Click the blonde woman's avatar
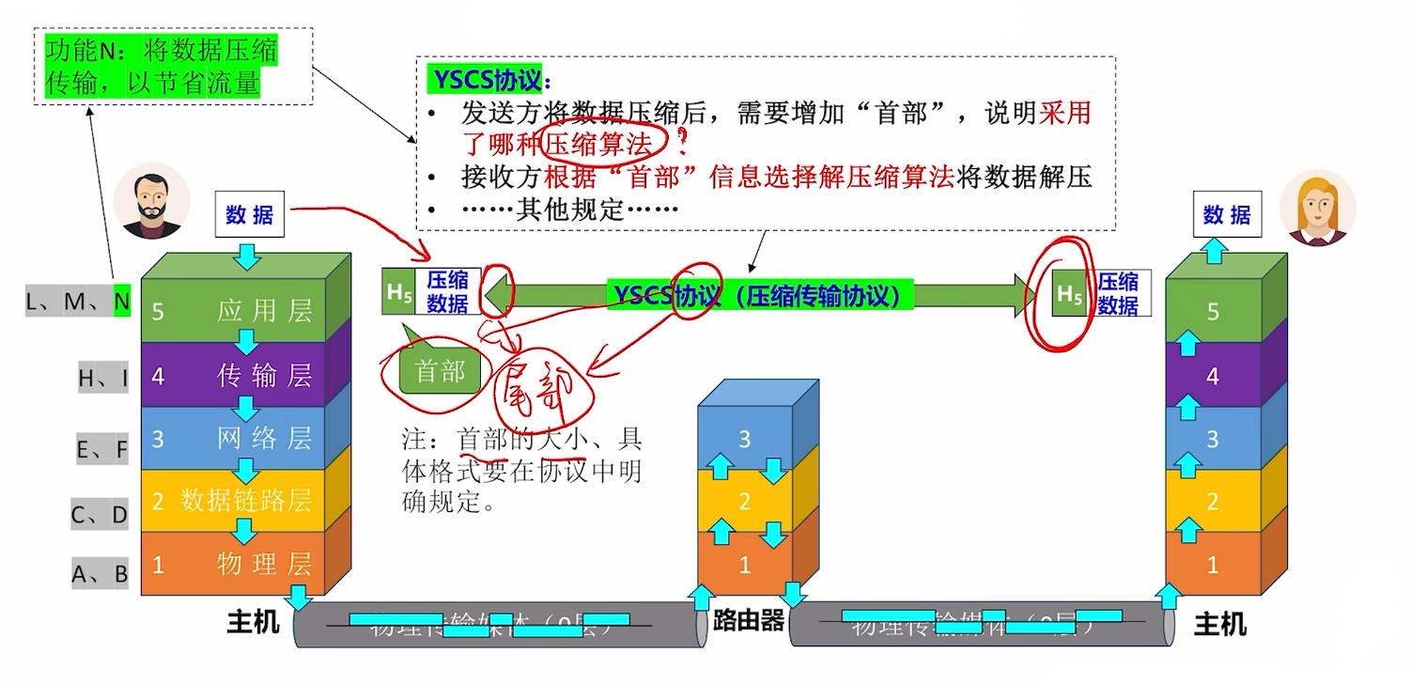(x=1318, y=209)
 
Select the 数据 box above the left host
(x=249, y=215)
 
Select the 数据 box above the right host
(x=1227, y=215)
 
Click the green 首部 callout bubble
(x=440, y=372)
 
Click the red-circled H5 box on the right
(x=1069, y=293)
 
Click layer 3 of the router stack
(x=745, y=439)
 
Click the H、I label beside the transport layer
(x=103, y=378)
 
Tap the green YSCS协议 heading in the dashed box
(x=488, y=79)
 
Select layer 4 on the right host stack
(x=1213, y=376)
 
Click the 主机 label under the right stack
(x=1219, y=624)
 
